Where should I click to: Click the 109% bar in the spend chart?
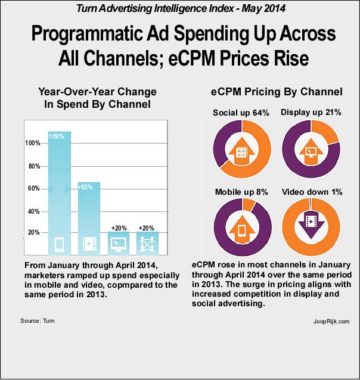click(60, 191)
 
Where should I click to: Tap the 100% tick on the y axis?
click(33, 144)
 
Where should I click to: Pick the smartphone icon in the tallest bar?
click(59, 244)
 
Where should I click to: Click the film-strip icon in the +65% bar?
click(89, 244)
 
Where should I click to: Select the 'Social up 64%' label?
click(241, 113)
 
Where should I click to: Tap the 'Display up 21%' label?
click(311, 113)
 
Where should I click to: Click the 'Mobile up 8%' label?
click(241, 192)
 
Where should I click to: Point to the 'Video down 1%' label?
click(311, 192)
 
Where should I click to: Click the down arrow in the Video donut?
click(310, 225)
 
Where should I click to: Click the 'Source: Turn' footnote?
click(38, 321)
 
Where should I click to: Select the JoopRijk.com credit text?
click(331, 321)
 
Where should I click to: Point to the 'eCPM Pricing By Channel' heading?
click(277, 92)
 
